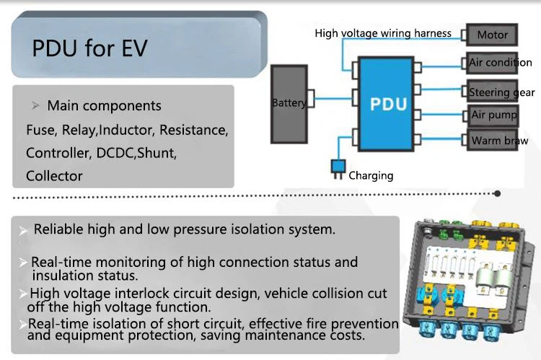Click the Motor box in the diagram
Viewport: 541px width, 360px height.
click(493, 35)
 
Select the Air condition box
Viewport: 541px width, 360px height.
click(500, 63)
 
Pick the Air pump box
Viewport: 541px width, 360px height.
click(493, 115)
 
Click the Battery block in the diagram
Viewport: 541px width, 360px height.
click(289, 103)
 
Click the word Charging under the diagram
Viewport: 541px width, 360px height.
click(371, 175)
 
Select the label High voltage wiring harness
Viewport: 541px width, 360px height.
click(383, 33)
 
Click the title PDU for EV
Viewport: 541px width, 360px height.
click(89, 48)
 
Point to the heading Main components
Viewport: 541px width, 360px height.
click(104, 106)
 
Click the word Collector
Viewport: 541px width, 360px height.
click(54, 175)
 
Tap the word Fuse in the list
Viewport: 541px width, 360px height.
click(40, 131)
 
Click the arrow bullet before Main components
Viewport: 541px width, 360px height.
click(35, 106)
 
